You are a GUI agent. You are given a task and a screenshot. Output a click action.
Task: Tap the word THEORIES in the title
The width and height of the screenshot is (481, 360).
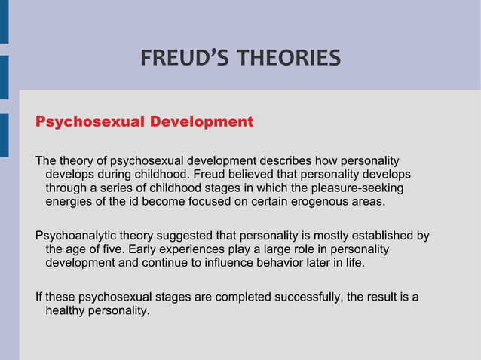click(288, 58)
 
